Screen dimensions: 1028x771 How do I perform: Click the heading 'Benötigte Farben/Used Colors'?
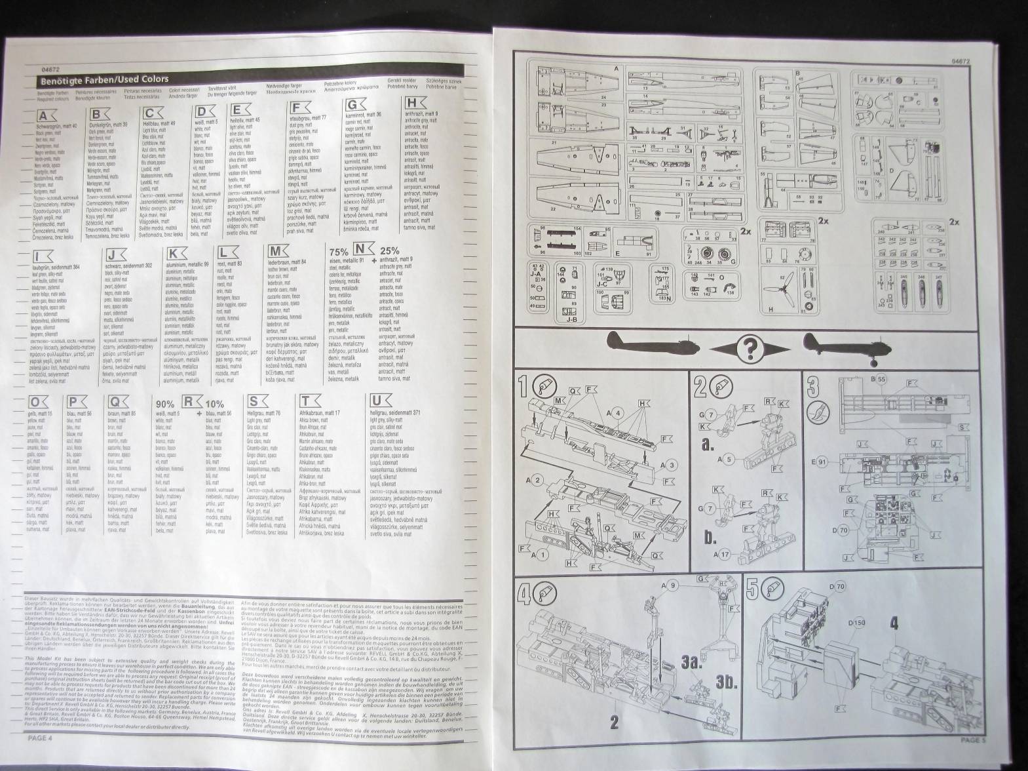(105, 80)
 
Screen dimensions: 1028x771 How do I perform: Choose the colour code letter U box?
(377, 401)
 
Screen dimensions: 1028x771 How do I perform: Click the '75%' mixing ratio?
(338, 251)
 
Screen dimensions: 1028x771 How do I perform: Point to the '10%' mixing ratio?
(214, 405)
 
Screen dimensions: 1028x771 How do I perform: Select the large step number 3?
(813, 387)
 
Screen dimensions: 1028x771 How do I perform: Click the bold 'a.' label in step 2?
(706, 445)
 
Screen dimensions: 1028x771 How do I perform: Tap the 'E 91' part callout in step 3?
(822, 462)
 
